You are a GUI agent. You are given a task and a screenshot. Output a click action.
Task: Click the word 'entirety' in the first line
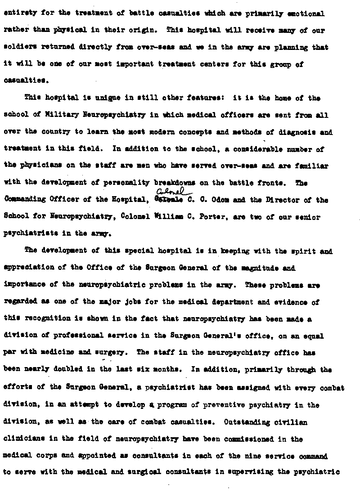17,14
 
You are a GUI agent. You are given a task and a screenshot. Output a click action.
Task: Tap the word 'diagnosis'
297,133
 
